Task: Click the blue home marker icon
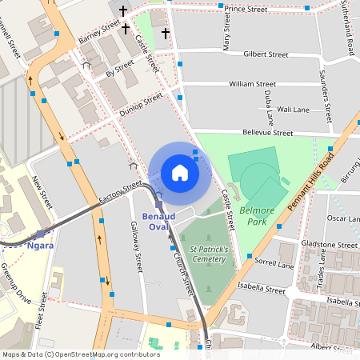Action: coord(180,172)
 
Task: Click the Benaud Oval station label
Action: coord(164,222)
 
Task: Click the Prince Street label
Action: coord(245,10)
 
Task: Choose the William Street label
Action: coord(252,83)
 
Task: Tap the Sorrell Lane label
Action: coord(274,262)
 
